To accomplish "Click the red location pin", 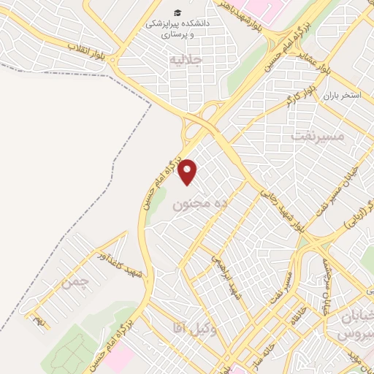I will (189, 172).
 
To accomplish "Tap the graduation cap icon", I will (178, 12).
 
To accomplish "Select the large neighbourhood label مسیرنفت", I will (317, 136).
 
